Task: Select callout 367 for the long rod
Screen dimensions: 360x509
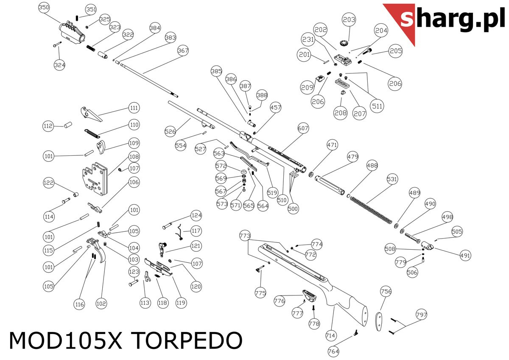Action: pos(183,51)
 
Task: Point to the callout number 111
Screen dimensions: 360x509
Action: pos(134,108)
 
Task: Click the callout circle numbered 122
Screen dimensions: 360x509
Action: pos(49,183)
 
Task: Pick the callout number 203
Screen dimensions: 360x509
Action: pos(350,20)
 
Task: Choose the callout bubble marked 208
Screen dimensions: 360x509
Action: pos(341,113)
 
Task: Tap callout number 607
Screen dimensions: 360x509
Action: pos(303,128)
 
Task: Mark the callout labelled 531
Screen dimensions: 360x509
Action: pos(392,180)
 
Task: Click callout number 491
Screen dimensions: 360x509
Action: pos(465,256)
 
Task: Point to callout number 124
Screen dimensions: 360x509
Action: pos(196,215)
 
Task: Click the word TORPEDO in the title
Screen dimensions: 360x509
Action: pos(186,340)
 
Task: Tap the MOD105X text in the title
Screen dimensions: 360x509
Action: pos(66,340)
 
